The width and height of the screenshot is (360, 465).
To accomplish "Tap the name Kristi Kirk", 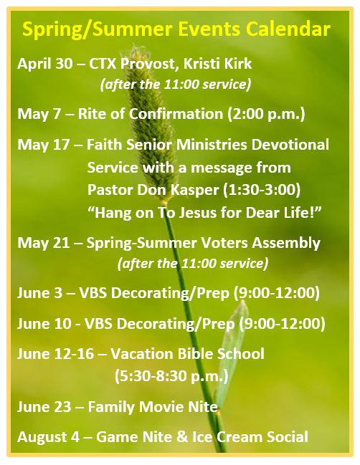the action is click(217, 64).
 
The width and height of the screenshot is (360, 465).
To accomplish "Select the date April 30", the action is click(44, 64).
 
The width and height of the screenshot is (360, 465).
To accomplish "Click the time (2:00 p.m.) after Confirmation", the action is click(266, 114).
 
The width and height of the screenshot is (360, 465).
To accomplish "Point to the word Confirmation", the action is click(176, 114).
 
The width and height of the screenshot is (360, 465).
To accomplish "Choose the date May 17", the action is click(44, 145).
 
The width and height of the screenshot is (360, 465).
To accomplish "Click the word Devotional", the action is click(290, 145).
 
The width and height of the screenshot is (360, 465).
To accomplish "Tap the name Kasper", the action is click(195, 190).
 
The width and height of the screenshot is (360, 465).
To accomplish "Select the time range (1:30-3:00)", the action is click(262, 190).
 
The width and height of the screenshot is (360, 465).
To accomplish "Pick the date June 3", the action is click(39, 293).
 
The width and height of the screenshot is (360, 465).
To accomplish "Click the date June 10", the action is click(44, 324).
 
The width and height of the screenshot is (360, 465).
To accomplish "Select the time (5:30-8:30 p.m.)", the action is click(171, 376).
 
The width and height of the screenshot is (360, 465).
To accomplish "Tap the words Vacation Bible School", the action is click(187, 354).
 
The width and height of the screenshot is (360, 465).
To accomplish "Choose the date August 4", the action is click(48, 437).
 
